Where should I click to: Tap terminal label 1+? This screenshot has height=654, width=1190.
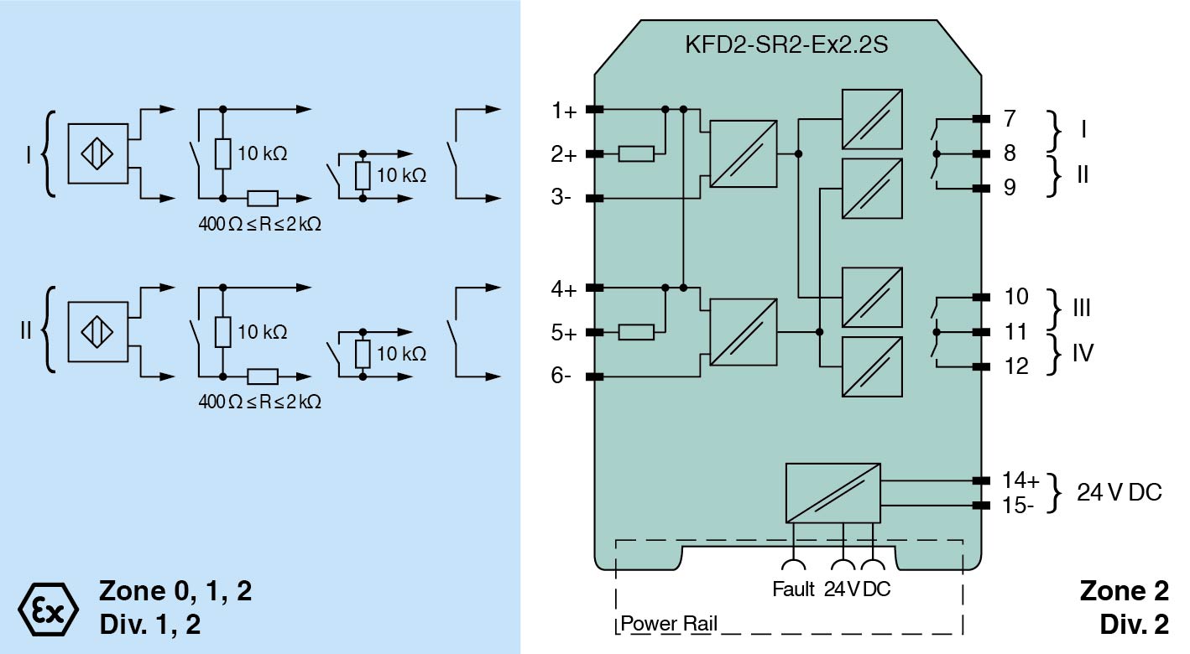564,111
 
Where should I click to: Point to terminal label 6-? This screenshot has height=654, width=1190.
562,376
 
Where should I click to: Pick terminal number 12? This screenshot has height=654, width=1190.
1015,366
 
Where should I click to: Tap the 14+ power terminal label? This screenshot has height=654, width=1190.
1020,480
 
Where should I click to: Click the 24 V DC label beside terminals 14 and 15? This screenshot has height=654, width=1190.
1120,492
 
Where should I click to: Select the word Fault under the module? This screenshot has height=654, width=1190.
793,589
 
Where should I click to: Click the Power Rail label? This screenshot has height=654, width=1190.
669,625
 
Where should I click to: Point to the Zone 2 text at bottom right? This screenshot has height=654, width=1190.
1124,591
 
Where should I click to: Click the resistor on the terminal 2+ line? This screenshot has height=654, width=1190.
636,154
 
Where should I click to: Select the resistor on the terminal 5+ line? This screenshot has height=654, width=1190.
636,333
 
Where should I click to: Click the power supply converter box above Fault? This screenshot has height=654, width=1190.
832,492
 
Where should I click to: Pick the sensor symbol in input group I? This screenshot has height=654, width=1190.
97,154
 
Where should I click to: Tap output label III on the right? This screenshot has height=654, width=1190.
1082,308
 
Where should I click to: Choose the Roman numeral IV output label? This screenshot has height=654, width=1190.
1083,353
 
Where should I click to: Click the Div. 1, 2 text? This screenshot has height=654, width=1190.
150,625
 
